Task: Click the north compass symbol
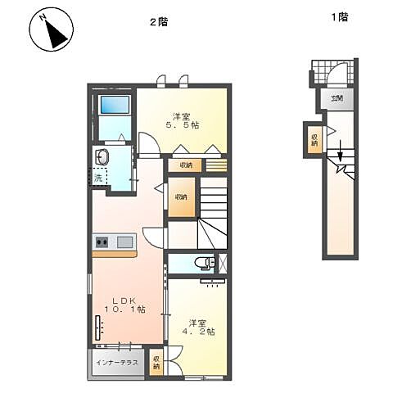[51, 31]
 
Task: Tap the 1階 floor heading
[338, 16]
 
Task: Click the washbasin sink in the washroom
[104, 156]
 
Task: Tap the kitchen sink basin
[125, 242]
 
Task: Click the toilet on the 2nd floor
[205, 264]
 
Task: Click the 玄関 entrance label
[337, 99]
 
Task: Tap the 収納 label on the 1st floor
[314, 138]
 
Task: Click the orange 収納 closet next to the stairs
[180, 197]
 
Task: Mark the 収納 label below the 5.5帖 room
[185, 165]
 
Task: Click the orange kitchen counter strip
[115, 254]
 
